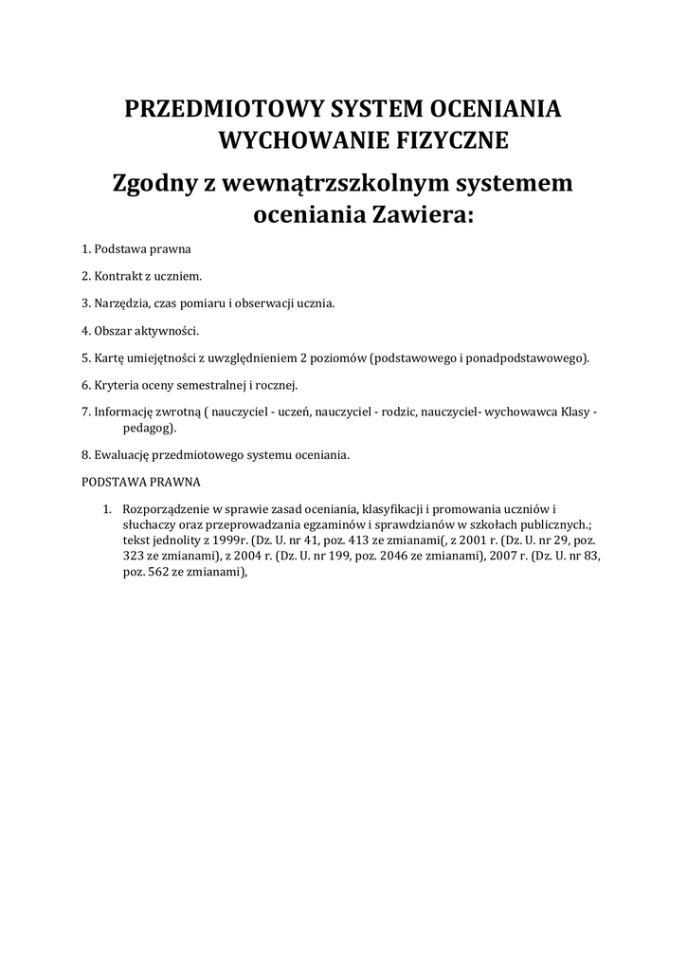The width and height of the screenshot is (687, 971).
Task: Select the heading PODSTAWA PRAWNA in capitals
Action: tap(141, 481)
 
